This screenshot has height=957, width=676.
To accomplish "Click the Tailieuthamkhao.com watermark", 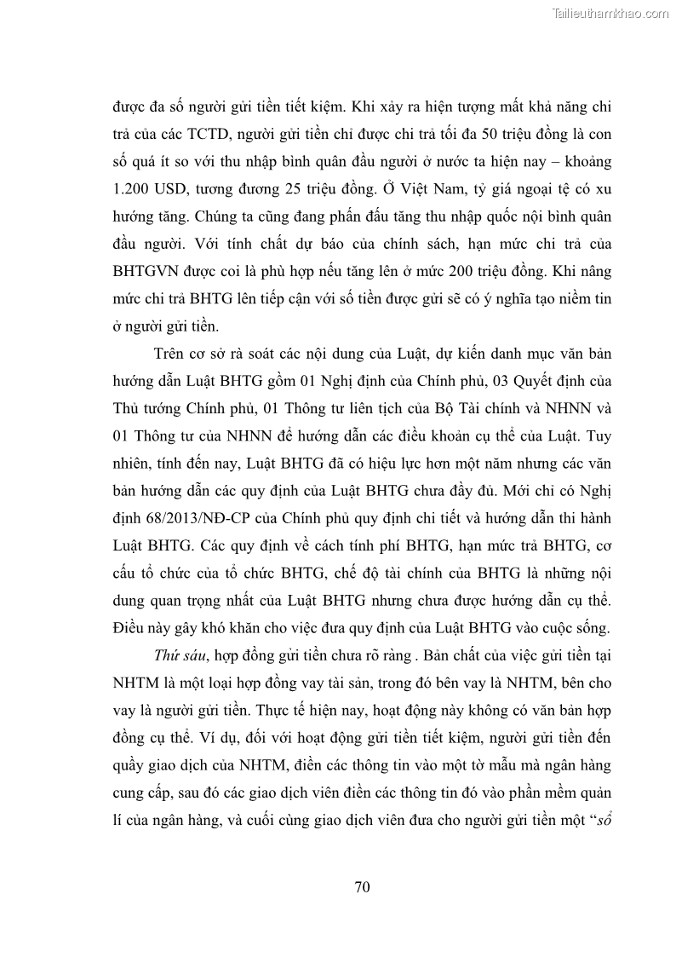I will click(611, 13).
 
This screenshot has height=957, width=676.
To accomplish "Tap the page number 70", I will click(362, 887).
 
